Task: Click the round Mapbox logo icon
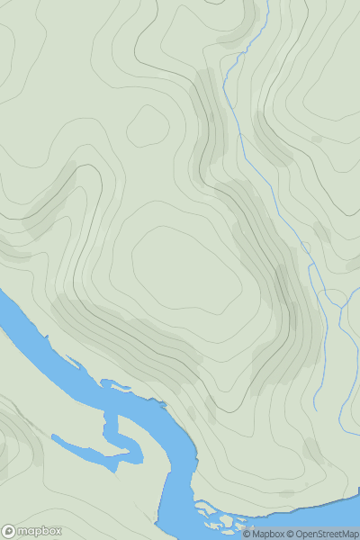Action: click(x=9, y=531)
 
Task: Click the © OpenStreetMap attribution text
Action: click(x=323, y=534)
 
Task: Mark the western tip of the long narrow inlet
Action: click(x=54, y=439)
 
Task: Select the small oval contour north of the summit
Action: click(x=148, y=127)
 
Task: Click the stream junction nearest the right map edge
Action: click(x=343, y=306)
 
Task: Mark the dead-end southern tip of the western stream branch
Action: click(x=314, y=409)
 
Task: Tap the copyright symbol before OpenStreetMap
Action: click(x=292, y=534)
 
